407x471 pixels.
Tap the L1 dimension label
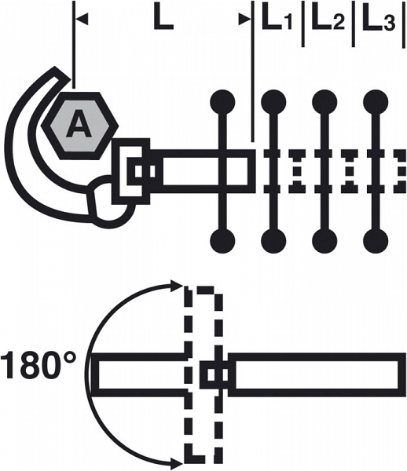click(x=277, y=20)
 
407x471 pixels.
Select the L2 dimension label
click(x=328, y=20)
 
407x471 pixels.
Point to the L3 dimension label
click(x=379, y=20)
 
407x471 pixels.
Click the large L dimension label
click(x=163, y=20)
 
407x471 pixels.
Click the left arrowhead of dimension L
click(x=82, y=20)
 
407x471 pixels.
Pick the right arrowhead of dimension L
click(x=245, y=20)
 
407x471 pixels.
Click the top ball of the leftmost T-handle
click(x=222, y=101)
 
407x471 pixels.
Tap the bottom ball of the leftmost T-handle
click(x=222, y=242)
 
